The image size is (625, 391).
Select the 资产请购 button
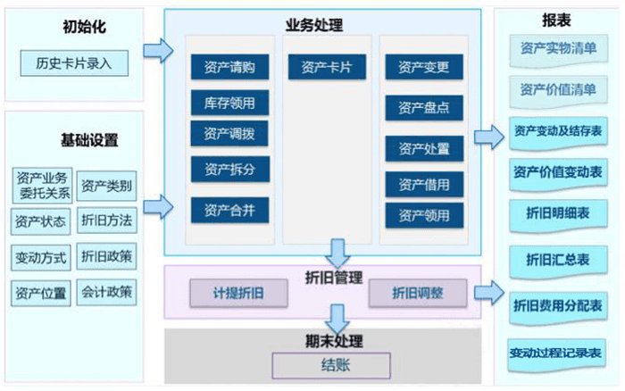click(x=229, y=67)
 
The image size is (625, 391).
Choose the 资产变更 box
click(x=424, y=67)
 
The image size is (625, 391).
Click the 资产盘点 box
click(x=424, y=107)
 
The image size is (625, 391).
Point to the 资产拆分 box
click(x=229, y=169)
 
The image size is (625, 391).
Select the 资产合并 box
click(x=229, y=211)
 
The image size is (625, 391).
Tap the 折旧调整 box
click(x=418, y=293)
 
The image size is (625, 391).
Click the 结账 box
click(x=331, y=365)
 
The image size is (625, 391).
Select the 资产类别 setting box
click(x=106, y=186)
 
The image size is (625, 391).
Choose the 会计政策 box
click(x=106, y=291)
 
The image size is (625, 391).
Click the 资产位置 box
click(x=40, y=292)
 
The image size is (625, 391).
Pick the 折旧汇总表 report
click(x=558, y=260)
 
